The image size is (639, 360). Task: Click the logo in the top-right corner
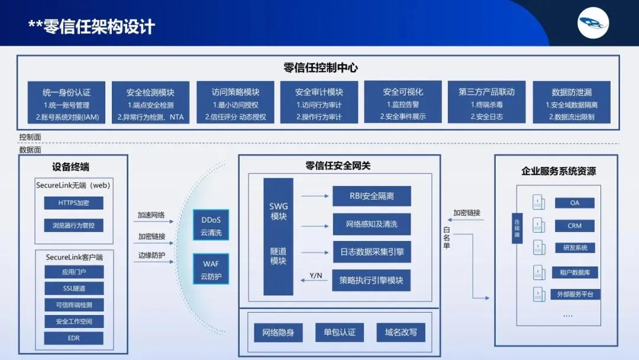tap(593, 23)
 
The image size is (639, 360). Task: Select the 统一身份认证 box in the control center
tap(67, 102)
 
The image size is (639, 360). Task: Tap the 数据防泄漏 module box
tap(572, 102)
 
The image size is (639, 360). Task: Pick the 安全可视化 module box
tap(403, 102)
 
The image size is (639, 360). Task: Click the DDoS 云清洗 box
tap(211, 226)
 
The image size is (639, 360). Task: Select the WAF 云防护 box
tap(211, 269)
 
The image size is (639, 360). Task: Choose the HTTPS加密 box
tap(73, 203)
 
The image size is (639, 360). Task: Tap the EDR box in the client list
tap(73, 338)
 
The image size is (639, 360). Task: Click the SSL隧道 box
tap(73, 288)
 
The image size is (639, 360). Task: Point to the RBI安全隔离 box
tap(372, 196)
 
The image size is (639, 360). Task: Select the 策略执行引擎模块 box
tap(372, 280)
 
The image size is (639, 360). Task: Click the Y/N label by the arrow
tap(316, 275)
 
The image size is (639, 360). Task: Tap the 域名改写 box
tap(401, 332)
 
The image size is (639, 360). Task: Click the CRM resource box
tap(574, 226)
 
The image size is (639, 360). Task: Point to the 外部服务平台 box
tap(574, 294)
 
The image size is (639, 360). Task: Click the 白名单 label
tap(447, 237)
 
